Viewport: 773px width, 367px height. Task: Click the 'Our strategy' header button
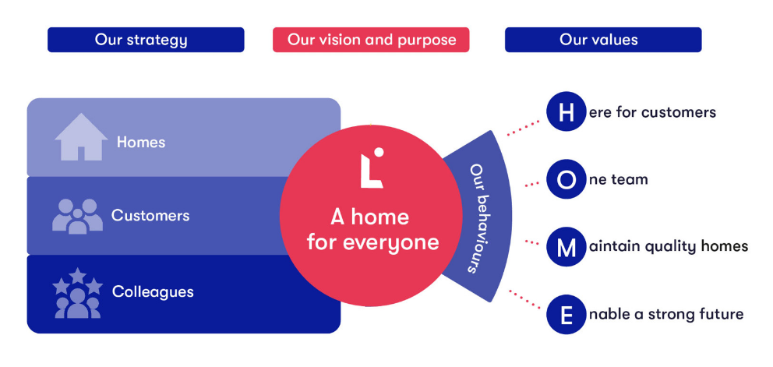(x=145, y=40)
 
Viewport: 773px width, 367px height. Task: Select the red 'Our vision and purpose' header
(x=371, y=40)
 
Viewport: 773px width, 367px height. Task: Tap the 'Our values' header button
(x=602, y=40)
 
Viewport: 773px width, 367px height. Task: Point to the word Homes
(x=141, y=143)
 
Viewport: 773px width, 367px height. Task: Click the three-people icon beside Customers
(x=77, y=216)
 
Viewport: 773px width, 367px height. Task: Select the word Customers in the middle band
(x=150, y=216)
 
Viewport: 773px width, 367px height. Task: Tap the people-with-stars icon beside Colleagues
(x=77, y=293)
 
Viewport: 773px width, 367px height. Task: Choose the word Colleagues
(x=153, y=292)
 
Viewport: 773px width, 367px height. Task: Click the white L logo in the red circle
(x=371, y=168)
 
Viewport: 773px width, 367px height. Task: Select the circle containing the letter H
(x=567, y=112)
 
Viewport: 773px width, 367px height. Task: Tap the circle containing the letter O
(x=567, y=180)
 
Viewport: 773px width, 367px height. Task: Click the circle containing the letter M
(x=567, y=247)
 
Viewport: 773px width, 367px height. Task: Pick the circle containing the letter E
(x=567, y=315)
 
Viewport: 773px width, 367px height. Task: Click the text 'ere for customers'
(x=652, y=112)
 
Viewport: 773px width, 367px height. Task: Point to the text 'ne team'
(x=619, y=180)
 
